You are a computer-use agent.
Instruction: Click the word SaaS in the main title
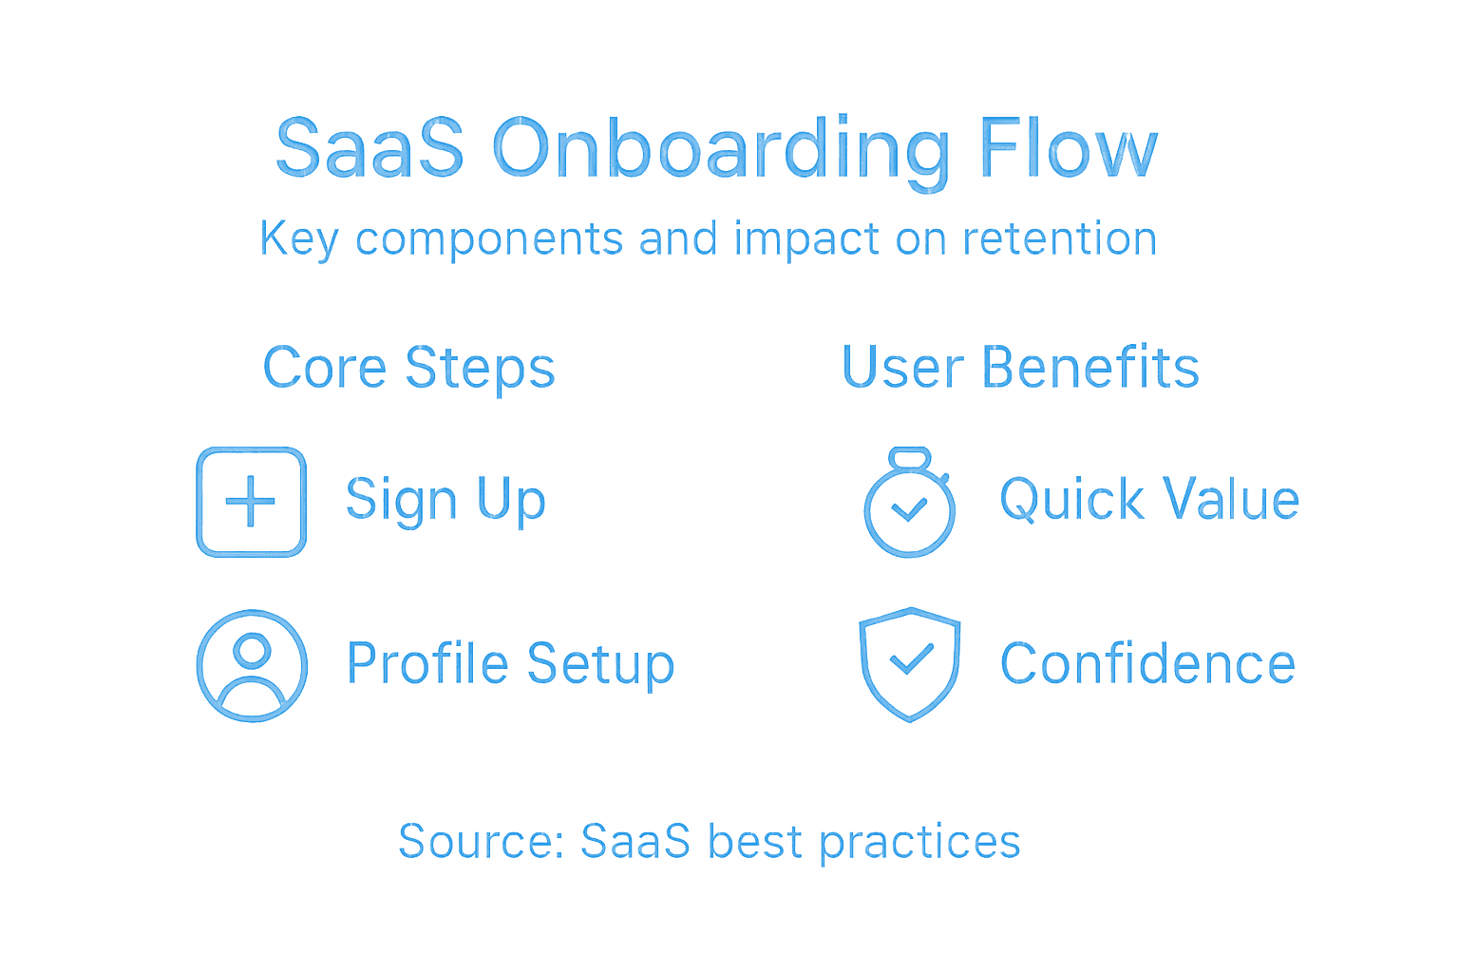[369, 149]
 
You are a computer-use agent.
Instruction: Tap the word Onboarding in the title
[721, 151]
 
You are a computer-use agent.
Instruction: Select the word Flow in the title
[1069, 149]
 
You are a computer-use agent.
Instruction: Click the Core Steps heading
[408, 369]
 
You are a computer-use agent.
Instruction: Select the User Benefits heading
[1020, 368]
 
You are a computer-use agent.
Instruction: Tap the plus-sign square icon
[251, 502]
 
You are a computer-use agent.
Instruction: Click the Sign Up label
[445, 501]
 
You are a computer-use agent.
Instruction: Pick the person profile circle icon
[252, 665]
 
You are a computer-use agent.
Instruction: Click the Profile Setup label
[510, 664]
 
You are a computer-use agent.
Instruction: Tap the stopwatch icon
[909, 504]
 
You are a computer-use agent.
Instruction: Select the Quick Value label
[1149, 500]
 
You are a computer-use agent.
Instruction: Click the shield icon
[909, 664]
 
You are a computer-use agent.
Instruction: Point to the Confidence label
[1147, 663]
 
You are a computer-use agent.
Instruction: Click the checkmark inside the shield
[909, 658]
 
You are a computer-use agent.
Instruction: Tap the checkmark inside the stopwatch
[909, 510]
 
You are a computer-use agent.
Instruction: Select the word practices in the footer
[919, 843]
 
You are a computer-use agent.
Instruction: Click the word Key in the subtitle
[299, 239]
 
